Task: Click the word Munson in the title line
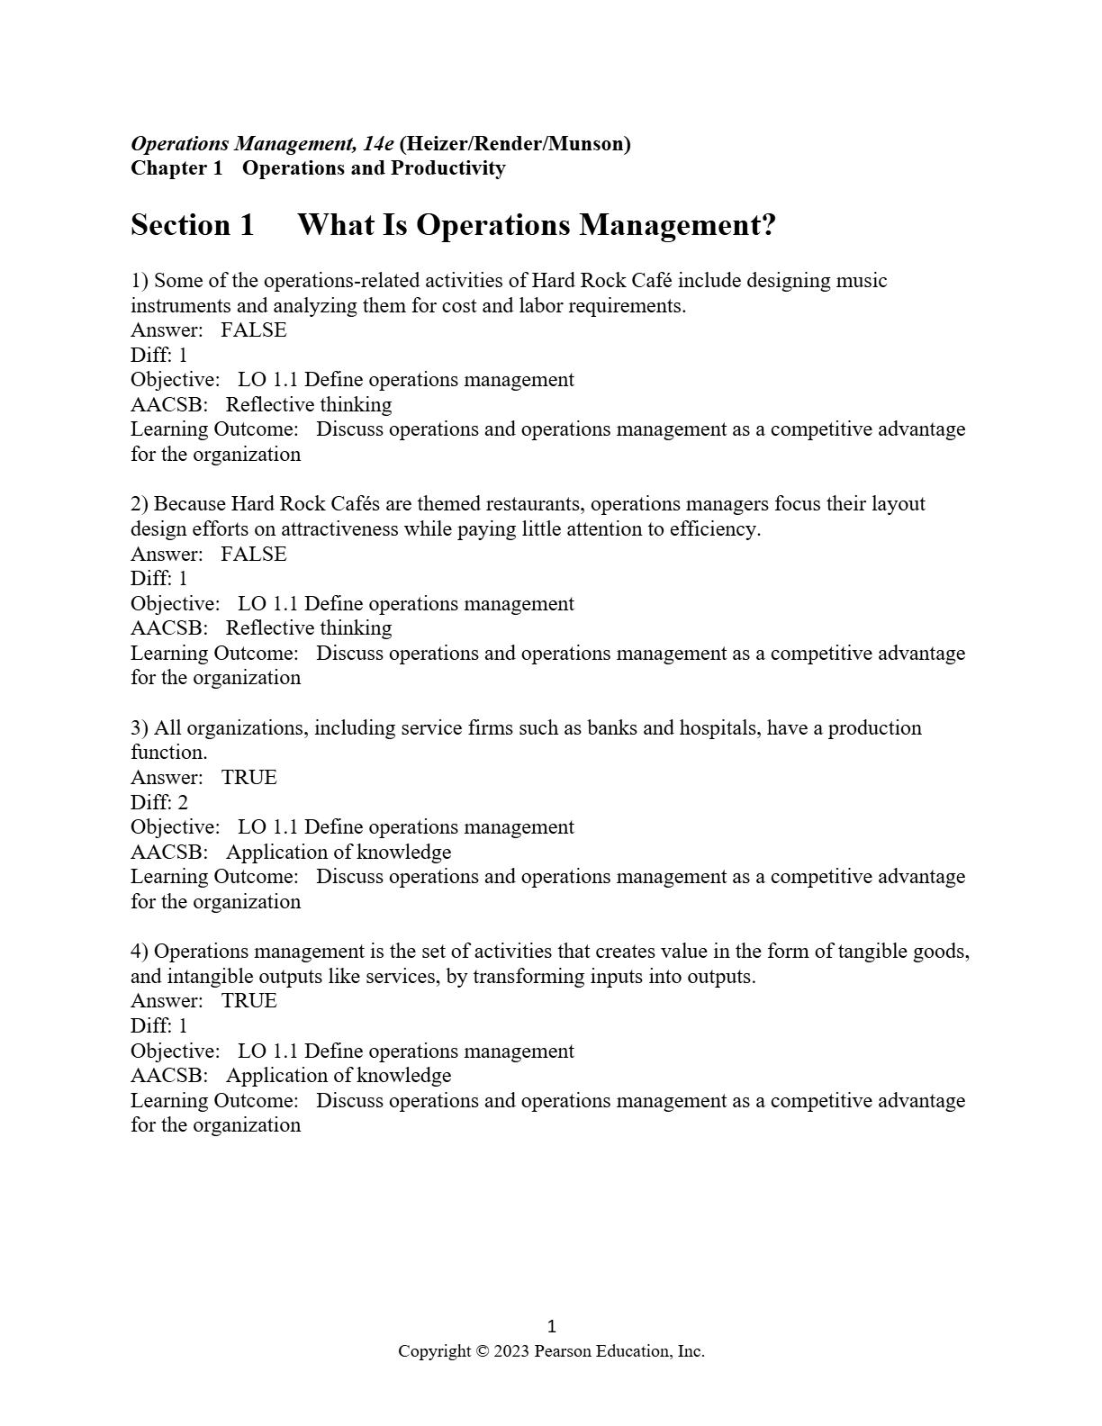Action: pos(586,144)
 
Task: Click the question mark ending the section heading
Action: pos(768,225)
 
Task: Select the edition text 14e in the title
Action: pos(379,144)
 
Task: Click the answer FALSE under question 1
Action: pos(254,330)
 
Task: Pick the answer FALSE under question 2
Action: pos(254,555)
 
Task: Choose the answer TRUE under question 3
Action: pos(249,778)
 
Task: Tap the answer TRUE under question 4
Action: pos(249,1001)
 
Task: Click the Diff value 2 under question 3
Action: pos(183,803)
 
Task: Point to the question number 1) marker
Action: pos(140,281)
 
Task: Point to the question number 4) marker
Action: pos(140,952)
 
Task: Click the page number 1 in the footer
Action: pos(552,1326)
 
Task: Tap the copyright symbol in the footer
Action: pos(482,1351)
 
